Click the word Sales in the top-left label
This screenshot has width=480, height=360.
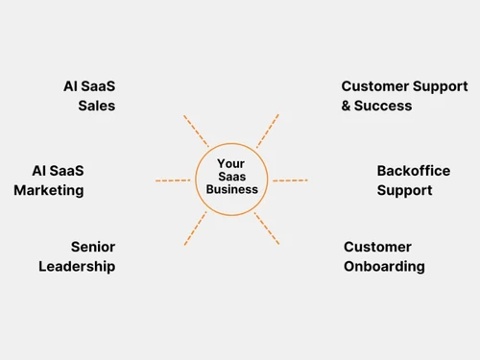pos(96,106)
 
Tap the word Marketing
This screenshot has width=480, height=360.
pos(49,190)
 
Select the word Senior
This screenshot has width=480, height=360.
pos(93,247)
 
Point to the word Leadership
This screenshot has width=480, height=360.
pos(77,266)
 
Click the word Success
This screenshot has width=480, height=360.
pos(383,106)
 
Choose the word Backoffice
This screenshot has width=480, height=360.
pos(413,171)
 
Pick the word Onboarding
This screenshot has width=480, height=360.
pos(384,266)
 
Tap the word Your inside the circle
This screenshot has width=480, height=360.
pos(231,164)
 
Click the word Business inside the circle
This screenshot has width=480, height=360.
pos(232,189)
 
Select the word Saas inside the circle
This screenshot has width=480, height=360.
pos(231,177)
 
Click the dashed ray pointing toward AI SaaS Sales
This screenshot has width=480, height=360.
pos(196,131)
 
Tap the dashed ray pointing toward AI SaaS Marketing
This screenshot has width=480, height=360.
pos(173,180)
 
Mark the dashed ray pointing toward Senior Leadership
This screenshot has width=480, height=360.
pos(195,228)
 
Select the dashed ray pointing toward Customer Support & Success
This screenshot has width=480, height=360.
pos(268,131)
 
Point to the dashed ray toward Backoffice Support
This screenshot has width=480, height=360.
pos(290,180)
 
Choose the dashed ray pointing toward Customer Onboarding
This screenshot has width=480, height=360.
pos(267,228)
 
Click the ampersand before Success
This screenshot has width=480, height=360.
pos(346,106)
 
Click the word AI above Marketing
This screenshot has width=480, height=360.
pos(39,171)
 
